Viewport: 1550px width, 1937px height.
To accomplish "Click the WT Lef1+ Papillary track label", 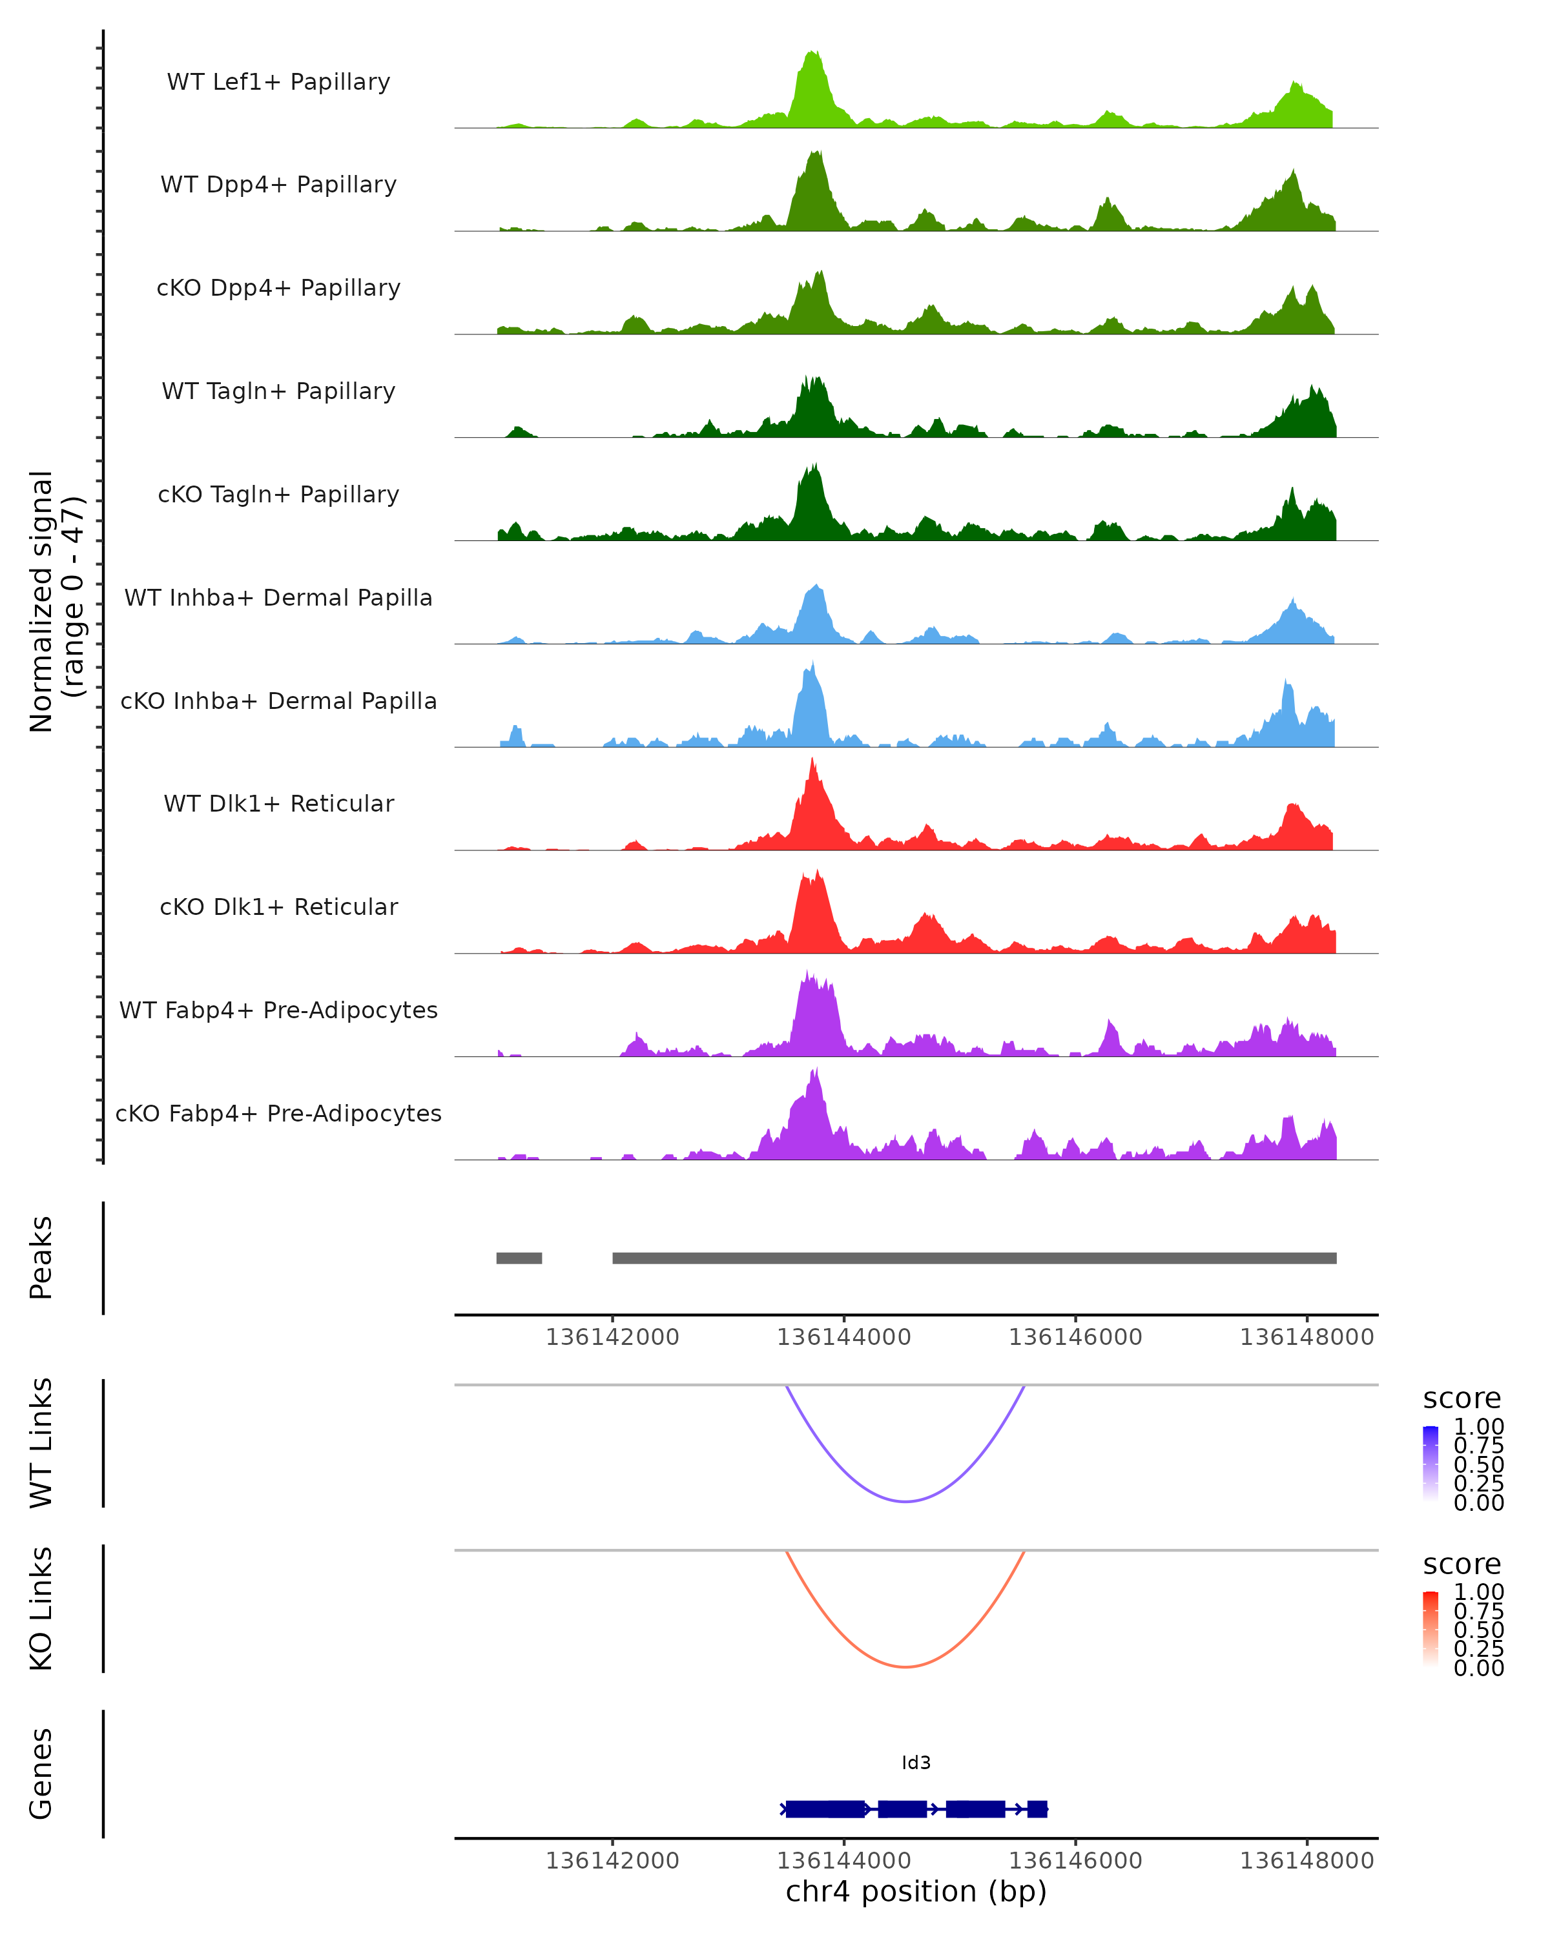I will pyautogui.click(x=278, y=82).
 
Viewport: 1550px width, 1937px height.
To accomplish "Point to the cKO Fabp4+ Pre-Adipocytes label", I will pyautogui.click(x=278, y=1113).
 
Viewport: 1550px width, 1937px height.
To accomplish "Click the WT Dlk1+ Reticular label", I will pyautogui.click(x=278, y=803).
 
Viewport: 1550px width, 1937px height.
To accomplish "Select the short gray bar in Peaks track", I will pyautogui.click(x=519, y=1258).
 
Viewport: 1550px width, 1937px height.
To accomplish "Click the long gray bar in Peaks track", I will pyautogui.click(x=974, y=1258).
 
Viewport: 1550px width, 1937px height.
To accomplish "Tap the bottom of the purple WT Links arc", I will pyautogui.click(x=905, y=1501).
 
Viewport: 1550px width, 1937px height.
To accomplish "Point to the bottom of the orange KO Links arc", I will pyautogui.click(x=905, y=1666).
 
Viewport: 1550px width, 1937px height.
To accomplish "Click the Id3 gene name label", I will pyautogui.click(x=916, y=1763).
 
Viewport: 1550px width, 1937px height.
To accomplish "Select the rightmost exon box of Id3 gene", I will pyautogui.click(x=1037, y=1809).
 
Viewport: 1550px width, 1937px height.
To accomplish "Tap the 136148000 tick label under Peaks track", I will pyautogui.click(x=1307, y=1337).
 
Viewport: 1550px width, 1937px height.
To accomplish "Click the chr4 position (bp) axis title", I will pyautogui.click(x=916, y=1892).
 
